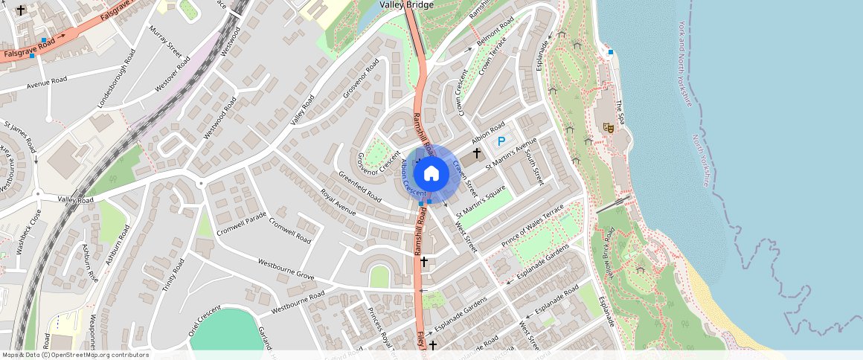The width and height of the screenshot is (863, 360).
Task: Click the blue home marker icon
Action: point(431,174)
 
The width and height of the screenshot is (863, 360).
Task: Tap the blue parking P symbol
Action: point(501,141)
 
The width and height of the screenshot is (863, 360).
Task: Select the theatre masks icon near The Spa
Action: point(609,128)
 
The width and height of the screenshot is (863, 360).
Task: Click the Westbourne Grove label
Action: point(286,269)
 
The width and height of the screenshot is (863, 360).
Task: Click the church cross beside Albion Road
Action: point(477,152)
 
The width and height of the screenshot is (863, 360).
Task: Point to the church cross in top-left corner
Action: point(20,10)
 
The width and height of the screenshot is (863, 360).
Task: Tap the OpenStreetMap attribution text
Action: point(75,355)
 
